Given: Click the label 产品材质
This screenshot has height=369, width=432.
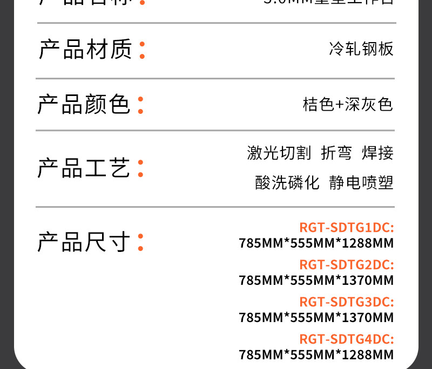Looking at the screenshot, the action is click(x=85, y=50).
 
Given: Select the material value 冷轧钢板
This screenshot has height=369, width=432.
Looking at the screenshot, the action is click(x=361, y=50).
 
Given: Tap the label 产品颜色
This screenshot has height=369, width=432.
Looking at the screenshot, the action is click(x=84, y=104).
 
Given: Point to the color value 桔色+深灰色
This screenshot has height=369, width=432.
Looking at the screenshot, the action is click(x=348, y=104).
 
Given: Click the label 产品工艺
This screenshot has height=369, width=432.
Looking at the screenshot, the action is click(x=84, y=168).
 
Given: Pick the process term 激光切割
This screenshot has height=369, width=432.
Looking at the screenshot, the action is click(x=279, y=153).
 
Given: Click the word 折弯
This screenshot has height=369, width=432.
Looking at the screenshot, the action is click(x=336, y=153).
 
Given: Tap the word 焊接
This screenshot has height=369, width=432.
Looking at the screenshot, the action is click(x=377, y=153).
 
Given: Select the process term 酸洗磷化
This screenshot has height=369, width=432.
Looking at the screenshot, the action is click(x=287, y=183).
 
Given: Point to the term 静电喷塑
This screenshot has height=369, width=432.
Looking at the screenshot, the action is click(x=361, y=183).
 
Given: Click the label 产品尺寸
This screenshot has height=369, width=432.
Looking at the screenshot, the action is click(x=84, y=242).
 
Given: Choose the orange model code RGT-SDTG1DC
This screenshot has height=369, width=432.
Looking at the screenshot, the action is click(x=346, y=228).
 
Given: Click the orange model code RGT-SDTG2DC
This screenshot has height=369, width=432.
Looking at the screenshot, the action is click(x=346, y=265).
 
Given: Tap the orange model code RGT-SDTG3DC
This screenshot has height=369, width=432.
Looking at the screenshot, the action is click(x=346, y=302).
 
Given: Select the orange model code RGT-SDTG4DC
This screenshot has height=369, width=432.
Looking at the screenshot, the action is click(x=346, y=339).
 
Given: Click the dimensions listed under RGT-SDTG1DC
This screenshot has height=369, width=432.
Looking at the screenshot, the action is click(x=316, y=243).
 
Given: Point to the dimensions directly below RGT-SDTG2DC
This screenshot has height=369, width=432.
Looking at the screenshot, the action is click(x=316, y=281).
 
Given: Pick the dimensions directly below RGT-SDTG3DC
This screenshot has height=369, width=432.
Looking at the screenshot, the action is click(x=316, y=317).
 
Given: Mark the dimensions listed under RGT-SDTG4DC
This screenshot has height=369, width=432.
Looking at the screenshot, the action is click(x=316, y=354).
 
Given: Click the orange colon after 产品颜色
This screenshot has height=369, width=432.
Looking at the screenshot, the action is click(x=140, y=105).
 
